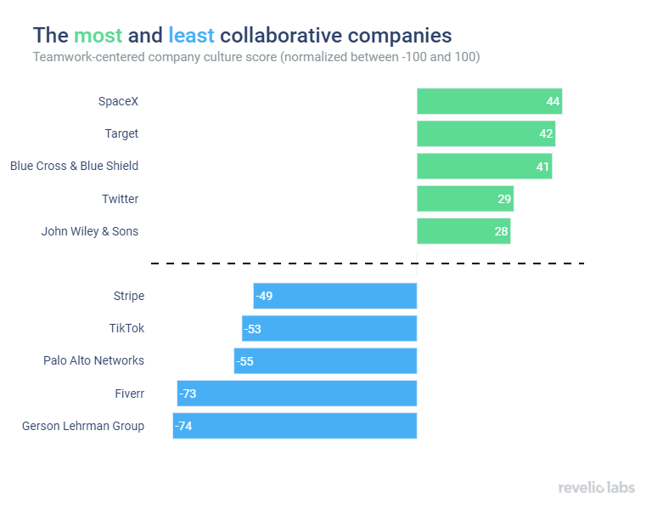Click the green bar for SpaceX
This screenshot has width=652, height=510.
[488, 101]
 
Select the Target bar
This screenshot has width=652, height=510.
[485, 133]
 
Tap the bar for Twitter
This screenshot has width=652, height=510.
[464, 199]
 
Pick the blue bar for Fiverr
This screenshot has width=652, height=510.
[297, 394]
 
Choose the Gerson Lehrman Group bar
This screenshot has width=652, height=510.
[295, 426]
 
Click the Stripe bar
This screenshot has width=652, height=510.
[335, 296]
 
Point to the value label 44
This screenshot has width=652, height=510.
[553, 101]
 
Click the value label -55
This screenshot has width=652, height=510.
[245, 361]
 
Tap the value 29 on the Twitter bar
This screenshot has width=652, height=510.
[504, 199]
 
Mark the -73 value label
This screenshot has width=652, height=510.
[188, 394]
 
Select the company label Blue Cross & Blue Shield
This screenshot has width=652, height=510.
[74, 166]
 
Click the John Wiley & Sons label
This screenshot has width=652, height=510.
[89, 231]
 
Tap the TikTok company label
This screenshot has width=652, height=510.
[126, 328]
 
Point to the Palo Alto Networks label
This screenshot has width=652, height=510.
[93, 360]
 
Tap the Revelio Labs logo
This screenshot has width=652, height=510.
[596, 487]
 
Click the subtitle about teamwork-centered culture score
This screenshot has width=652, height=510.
[256, 57]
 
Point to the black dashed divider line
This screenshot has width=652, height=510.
[368, 263]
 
